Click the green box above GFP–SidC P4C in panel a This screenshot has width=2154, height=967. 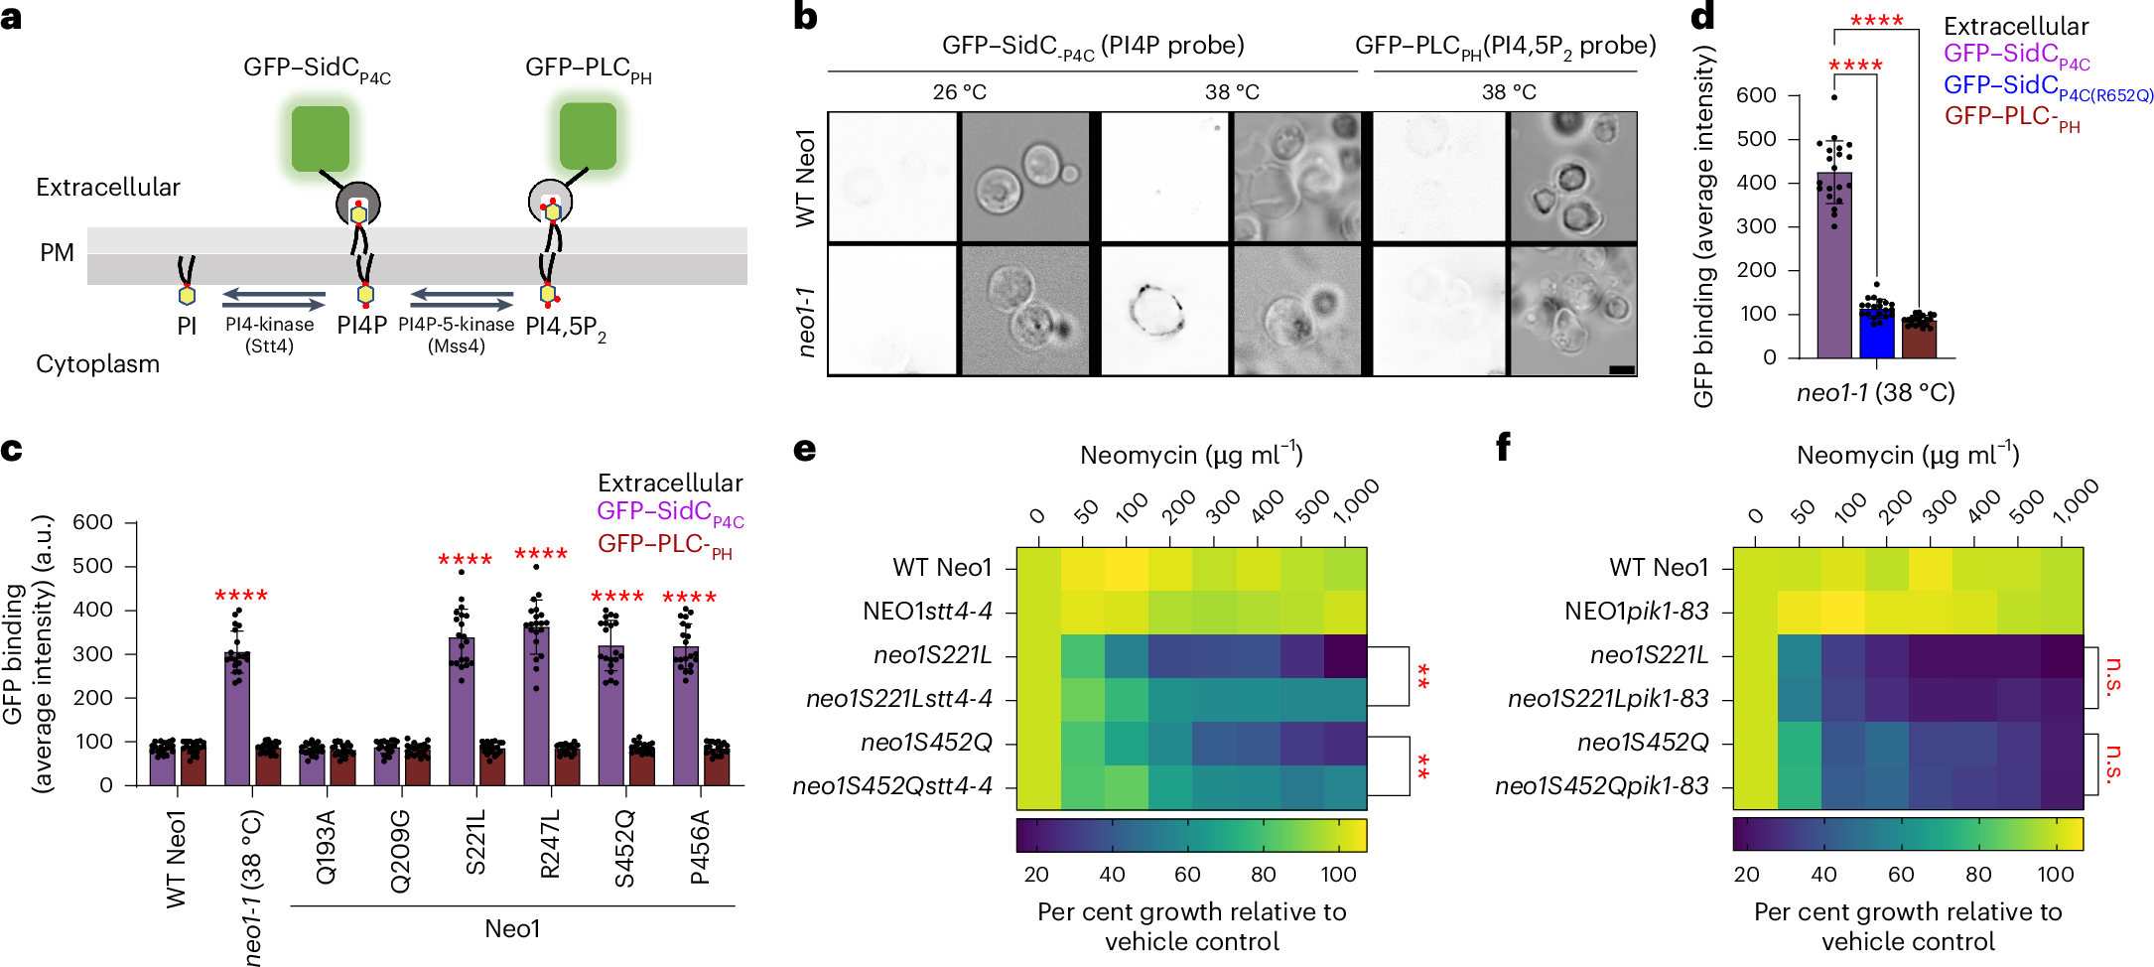tap(320, 138)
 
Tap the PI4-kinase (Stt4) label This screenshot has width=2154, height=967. tap(269, 335)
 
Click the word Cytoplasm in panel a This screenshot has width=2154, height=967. tap(97, 363)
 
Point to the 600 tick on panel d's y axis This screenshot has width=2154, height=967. tap(1756, 95)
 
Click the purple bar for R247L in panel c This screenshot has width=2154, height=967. tap(536, 705)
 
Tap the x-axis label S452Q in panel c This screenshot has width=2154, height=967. tap(624, 849)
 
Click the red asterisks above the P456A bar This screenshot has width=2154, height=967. tap(689, 598)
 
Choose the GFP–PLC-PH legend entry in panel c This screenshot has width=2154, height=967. tap(664, 545)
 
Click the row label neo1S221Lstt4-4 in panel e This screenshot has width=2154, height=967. tap(898, 699)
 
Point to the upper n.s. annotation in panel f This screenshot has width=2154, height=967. tap(2112, 677)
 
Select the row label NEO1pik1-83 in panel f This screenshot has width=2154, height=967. tap(1636, 612)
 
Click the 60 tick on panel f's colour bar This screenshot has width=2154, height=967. tap(1900, 874)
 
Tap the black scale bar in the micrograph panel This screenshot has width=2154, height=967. tap(1621, 369)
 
